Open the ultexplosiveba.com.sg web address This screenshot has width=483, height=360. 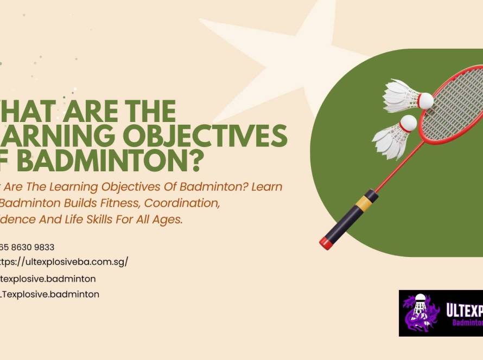(x=64, y=261)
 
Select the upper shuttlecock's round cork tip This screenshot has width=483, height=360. (x=425, y=100)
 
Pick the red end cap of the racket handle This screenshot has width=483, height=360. (x=326, y=242)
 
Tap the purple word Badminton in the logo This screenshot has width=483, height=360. (x=468, y=323)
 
